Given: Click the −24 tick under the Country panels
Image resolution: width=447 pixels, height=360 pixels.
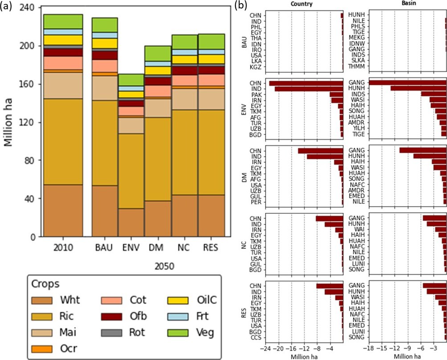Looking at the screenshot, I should (266, 347).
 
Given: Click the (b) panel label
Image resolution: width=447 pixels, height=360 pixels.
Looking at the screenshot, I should (239, 6).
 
